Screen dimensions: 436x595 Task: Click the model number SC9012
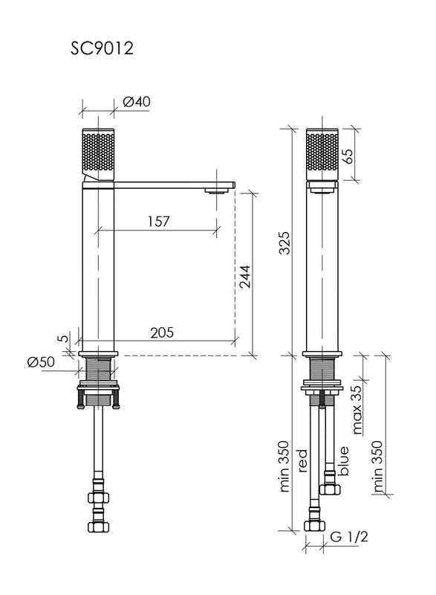(102, 48)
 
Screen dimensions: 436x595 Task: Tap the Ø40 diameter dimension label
(137, 101)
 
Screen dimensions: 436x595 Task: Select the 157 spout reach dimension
(158, 221)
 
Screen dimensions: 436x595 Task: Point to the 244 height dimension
(245, 276)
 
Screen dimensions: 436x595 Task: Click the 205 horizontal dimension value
(162, 332)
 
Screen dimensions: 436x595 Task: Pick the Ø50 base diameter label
(41, 361)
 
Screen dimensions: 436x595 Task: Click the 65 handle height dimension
(348, 155)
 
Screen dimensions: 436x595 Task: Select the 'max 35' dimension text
(356, 409)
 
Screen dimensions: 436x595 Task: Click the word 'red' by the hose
(302, 460)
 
